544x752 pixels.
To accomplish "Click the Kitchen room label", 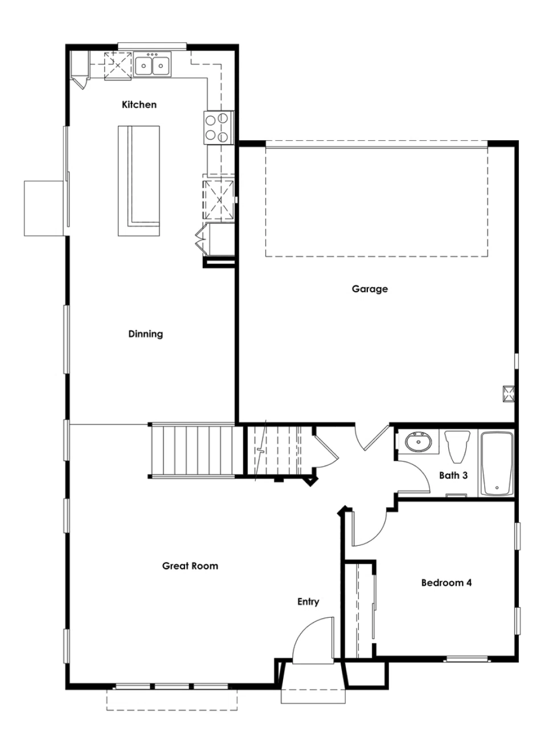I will click(x=139, y=105).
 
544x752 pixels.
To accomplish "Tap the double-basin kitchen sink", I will click(x=153, y=65).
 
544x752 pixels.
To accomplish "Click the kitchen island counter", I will click(x=138, y=181).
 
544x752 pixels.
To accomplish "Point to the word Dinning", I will click(x=145, y=334).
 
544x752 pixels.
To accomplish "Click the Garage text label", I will click(x=370, y=289).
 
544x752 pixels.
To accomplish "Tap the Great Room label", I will click(x=190, y=566).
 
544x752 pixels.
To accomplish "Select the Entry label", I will click(x=308, y=602).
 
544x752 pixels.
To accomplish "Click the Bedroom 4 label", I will click(x=446, y=583).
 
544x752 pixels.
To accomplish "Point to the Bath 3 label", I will click(x=453, y=475).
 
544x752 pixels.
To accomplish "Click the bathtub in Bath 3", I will click(x=497, y=464).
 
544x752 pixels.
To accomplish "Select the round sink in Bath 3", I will click(x=419, y=442).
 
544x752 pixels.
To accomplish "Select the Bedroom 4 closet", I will click(x=359, y=610).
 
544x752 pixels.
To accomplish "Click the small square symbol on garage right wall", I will click(x=508, y=393).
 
